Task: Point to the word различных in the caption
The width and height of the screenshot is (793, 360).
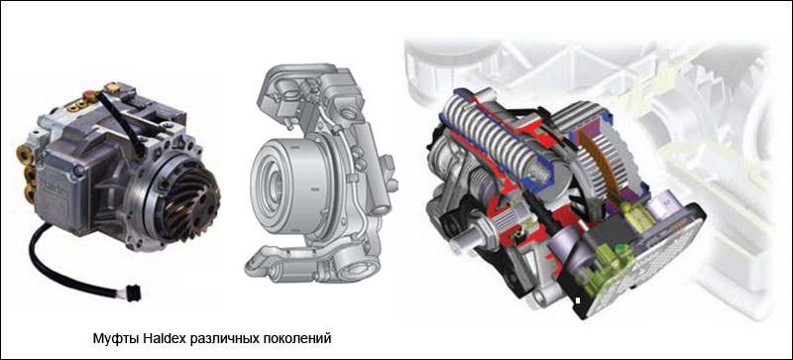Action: (226, 339)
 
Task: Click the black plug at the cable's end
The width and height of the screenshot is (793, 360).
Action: (134, 294)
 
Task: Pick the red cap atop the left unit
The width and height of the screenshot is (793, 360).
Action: (91, 93)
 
